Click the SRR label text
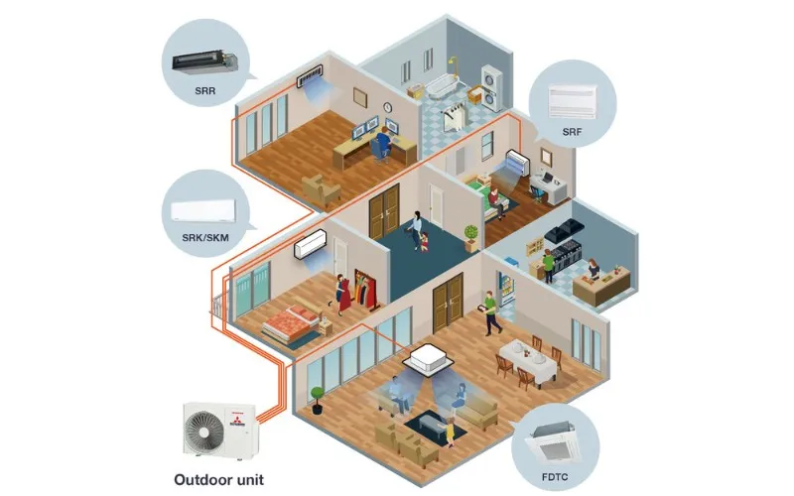(x=205, y=91)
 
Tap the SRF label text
(x=573, y=132)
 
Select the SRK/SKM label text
(x=205, y=237)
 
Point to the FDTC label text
(x=555, y=477)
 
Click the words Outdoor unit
(x=218, y=480)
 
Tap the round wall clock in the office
(x=388, y=107)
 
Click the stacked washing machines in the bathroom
(x=491, y=87)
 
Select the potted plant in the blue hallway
(x=470, y=238)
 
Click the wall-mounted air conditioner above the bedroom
(x=311, y=244)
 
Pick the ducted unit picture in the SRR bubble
(x=205, y=62)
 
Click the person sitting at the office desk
(x=383, y=143)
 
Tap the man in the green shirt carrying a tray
(x=490, y=313)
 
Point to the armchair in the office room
(x=321, y=189)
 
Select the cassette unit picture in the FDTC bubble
(x=556, y=443)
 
